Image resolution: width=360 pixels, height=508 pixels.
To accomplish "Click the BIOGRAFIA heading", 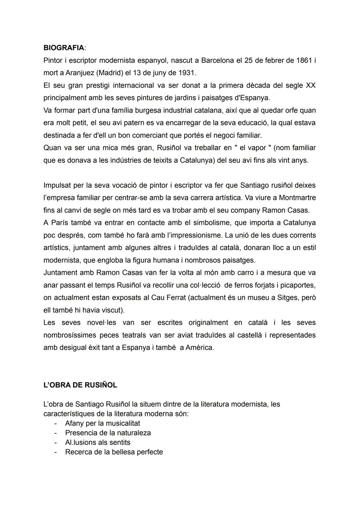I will pyautogui.click(x=64, y=48).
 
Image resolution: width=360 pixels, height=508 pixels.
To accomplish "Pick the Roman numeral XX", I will pyautogui.click(x=310, y=85).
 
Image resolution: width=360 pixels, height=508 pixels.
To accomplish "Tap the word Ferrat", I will pyautogui.click(x=173, y=297).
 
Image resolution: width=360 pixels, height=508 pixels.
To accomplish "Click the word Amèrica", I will pyautogui.click(x=200, y=347).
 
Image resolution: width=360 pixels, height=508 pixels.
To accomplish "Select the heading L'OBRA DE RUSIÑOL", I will pyautogui.click(x=80, y=385).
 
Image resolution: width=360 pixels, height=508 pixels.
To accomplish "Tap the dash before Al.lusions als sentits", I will pyautogui.click(x=56, y=443).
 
